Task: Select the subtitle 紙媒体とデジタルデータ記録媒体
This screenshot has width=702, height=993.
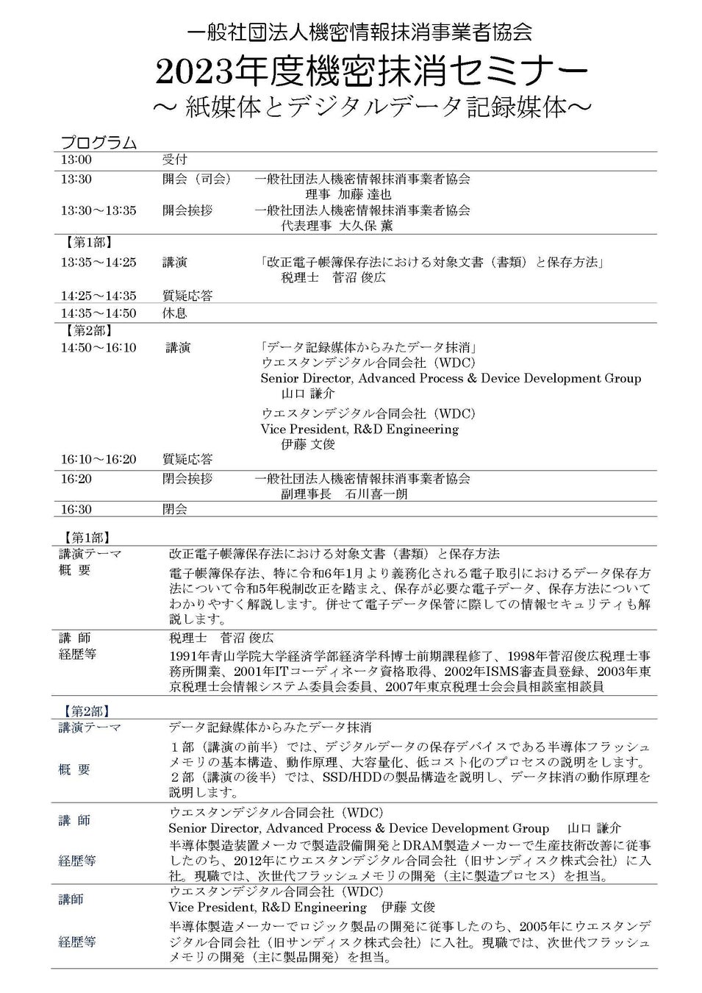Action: pos(372,107)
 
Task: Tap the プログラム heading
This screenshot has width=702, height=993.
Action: pos(99,142)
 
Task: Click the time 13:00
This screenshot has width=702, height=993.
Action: pos(76,160)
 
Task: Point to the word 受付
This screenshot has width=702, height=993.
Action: pos(174,160)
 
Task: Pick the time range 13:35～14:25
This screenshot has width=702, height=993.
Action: pos(99,262)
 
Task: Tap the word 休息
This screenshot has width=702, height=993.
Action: pos(174,313)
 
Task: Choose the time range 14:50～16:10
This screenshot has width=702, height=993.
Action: pos(99,347)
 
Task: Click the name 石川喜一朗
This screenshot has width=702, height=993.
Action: pos(376,494)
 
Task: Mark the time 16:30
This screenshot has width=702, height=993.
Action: pos(76,509)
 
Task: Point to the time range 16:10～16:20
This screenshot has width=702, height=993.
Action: pos(99,459)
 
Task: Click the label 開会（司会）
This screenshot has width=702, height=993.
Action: pos(196,179)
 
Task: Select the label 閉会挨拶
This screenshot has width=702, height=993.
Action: pos(187,479)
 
